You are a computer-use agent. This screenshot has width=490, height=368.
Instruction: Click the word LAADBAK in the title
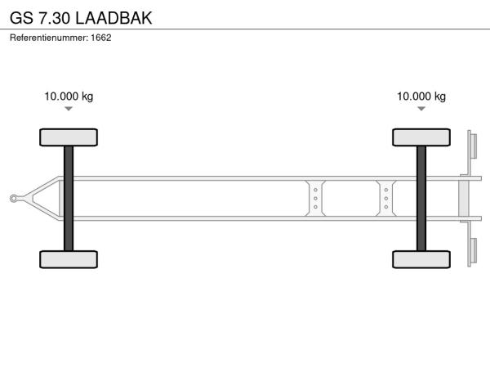pyautogui.click(x=114, y=18)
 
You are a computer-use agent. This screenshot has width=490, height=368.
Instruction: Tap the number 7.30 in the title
pyautogui.click(x=54, y=18)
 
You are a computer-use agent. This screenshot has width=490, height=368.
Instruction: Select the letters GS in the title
pyautogui.click(x=21, y=18)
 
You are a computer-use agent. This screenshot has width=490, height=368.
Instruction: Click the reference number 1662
pyautogui.click(x=101, y=38)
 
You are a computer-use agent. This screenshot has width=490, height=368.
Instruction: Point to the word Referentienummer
pyautogui.click(x=49, y=38)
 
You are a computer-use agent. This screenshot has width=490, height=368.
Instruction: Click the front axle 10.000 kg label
pyautogui.click(x=69, y=96)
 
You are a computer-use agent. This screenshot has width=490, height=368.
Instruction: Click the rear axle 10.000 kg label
pyautogui.click(x=421, y=96)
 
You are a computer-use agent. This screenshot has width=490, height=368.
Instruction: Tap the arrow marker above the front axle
pyautogui.click(x=69, y=109)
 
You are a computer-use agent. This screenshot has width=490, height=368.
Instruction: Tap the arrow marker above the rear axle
pyautogui.click(x=421, y=109)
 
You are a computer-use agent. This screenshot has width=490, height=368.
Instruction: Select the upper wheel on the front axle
pyautogui.click(x=69, y=137)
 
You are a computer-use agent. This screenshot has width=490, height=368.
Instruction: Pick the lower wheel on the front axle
pyautogui.click(x=69, y=259)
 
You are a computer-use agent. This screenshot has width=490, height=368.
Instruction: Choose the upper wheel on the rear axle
pyautogui.click(x=421, y=137)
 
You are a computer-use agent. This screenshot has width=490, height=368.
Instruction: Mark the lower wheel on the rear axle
pyautogui.click(x=421, y=259)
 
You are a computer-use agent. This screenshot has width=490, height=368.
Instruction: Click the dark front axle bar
pyautogui.click(x=69, y=199)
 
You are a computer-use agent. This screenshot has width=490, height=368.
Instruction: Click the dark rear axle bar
pyautogui.click(x=421, y=199)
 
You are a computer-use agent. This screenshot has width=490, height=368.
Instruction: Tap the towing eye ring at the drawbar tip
pyautogui.click(x=13, y=199)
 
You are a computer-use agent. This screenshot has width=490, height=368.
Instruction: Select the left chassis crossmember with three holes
pyautogui.click(x=315, y=199)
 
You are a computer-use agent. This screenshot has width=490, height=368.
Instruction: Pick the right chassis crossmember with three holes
pyautogui.click(x=386, y=199)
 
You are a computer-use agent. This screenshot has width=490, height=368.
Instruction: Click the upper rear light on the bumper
pyautogui.click(x=474, y=146)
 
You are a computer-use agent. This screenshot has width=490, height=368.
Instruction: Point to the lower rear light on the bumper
pyautogui.click(x=474, y=251)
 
